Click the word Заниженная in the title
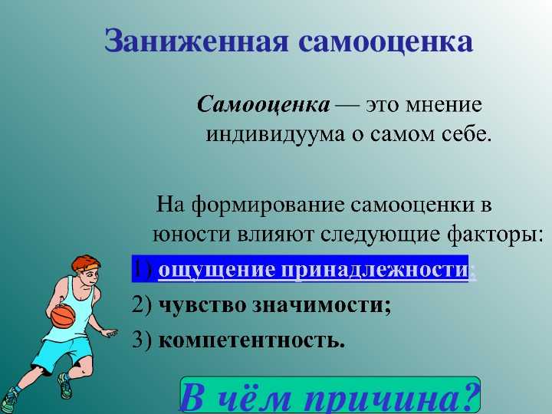point(196,42)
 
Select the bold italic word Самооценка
point(263,105)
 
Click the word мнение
point(443,105)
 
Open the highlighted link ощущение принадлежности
point(314,271)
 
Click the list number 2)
point(142,304)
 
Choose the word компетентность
point(251,340)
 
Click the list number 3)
point(142,340)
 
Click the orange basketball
point(63,316)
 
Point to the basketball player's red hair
point(86,263)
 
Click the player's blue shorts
point(64,353)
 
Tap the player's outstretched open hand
point(110,332)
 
